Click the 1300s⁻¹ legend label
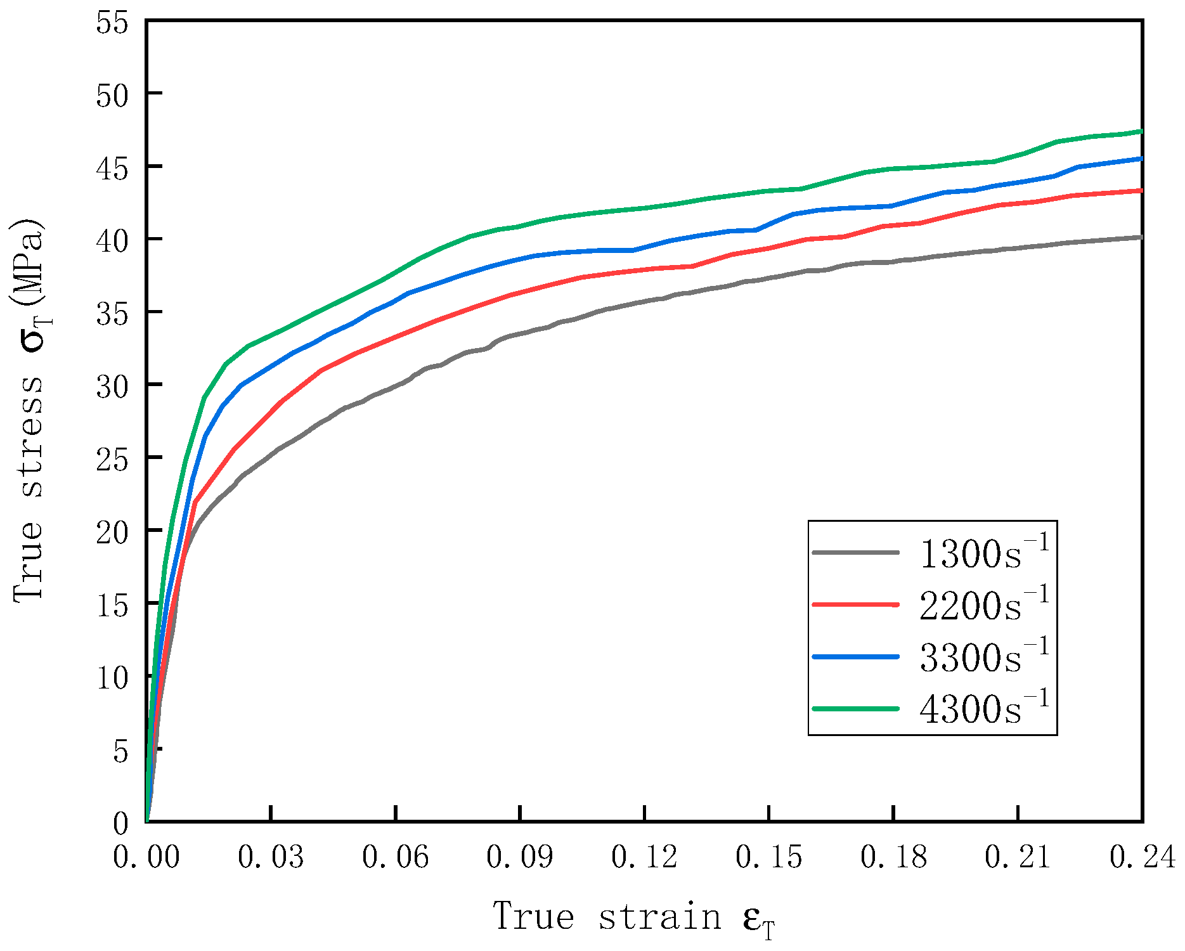(984, 552)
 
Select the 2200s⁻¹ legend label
(984, 604)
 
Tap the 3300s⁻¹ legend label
(984, 656)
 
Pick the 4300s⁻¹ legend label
(984, 708)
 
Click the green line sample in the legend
(855, 709)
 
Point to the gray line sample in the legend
(855, 552)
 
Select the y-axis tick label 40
(112, 240)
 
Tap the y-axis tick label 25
(112, 458)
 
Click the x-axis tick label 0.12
(644, 857)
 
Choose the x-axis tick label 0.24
(1142, 857)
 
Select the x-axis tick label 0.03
(271, 857)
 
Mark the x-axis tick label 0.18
(893, 857)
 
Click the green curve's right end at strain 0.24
(1141, 131)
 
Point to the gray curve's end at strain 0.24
(1141, 237)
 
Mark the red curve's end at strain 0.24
(1141, 190)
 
